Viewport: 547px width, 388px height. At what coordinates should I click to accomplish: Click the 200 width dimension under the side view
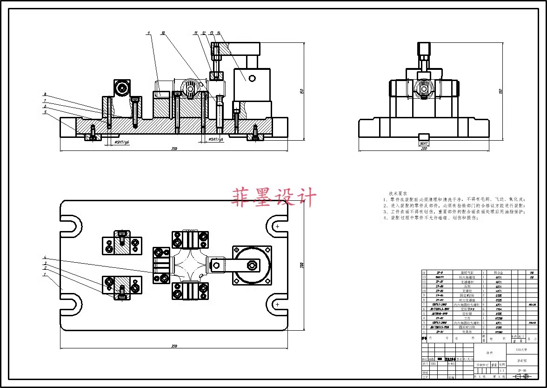pyautogui.click(x=424, y=149)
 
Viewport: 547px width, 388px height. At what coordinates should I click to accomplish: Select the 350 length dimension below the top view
pyautogui.click(x=174, y=346)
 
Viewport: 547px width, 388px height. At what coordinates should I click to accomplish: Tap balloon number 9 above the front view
pyautogui.click(x=148, y=33)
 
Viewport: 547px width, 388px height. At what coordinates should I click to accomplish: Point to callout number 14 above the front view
pyautogui.click(x=218, y=33)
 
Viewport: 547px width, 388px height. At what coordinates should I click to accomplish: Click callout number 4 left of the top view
pyautogui.click(x=45, y=257)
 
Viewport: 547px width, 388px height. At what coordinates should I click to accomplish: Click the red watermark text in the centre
pyautogui.click(x=274, y=197)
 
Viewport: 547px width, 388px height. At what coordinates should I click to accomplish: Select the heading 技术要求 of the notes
pyautogui.click(x=398, y=193)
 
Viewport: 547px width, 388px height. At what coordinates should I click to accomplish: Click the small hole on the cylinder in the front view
pyautogui.click(x=252, y=78)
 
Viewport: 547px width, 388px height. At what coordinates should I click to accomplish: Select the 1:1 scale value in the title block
pyautogui.click(x=502, y=370)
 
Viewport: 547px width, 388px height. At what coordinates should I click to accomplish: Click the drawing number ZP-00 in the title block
pyautogui.click(x=522, y=371)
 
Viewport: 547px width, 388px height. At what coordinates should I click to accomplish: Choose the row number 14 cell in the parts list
pyautogui.click(x=424, y=272)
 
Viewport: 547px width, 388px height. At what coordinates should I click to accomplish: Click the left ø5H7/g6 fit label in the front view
pyautogui.click(x=122, y=142)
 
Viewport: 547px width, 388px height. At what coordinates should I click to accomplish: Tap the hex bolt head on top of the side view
pyautogui.click(x=424, y=48)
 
